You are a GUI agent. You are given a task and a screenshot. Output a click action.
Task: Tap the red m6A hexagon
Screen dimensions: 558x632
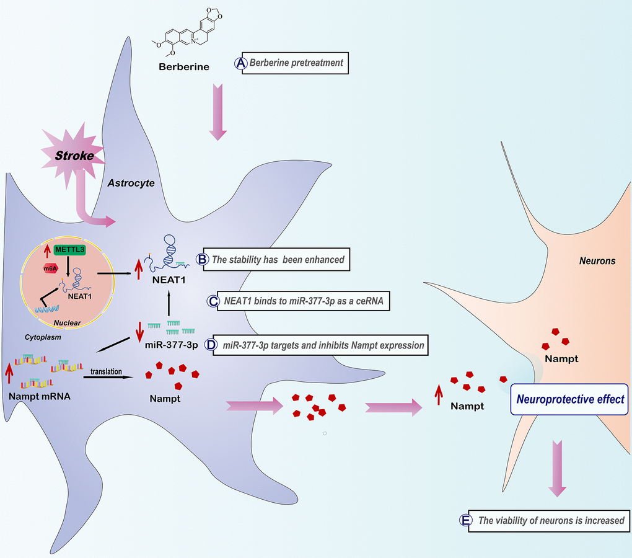51,268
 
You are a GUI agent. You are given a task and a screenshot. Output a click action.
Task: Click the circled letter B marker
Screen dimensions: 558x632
201,259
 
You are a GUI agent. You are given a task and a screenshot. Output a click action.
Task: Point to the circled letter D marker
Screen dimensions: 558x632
211,345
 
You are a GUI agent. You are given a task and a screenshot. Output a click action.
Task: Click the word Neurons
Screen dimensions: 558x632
597,261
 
